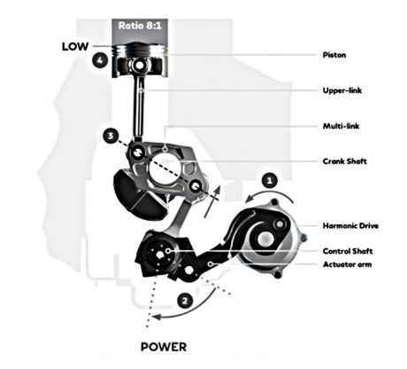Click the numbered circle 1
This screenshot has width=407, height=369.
click(x=269, y=180)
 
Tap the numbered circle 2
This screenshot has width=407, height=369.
click(x=185, y=301)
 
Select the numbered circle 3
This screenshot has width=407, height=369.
click(x=111, y=136)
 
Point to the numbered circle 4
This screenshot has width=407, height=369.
click(x=100, y=60)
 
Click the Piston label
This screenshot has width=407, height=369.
click(x=334, y=55)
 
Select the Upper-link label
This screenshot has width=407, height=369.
click(x=342, y=90)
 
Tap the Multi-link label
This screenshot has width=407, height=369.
click(x=341, y=126)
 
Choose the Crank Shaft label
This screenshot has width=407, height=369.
click(x=344, y=161)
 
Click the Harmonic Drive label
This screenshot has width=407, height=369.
click(x=350, y=226)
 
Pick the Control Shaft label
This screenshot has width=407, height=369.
click(x=348, y=251)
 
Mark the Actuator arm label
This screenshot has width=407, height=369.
click(x=347, y=264)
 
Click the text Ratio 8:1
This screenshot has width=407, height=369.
click(x=140, y=26)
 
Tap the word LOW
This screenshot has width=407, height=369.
click(x=75, y=46)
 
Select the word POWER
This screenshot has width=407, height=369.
click(x=164, y=347)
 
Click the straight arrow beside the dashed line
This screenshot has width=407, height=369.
click(x=211, y=202)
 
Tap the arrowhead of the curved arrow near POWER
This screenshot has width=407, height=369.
click(x=156, y=317)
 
